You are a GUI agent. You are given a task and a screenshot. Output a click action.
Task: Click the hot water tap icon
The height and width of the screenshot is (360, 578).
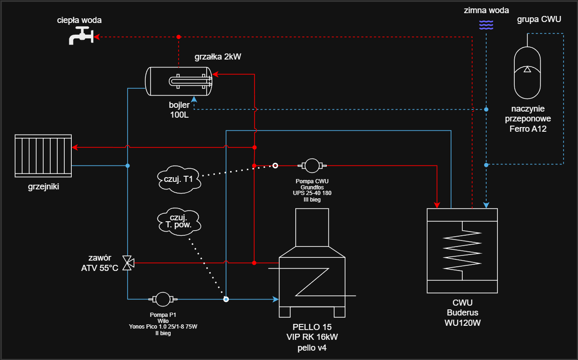(81, 36)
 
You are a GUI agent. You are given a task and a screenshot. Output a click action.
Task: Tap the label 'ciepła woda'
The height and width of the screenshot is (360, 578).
(79, 20)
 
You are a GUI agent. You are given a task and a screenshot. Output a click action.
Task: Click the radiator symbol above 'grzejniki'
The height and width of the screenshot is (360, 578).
(43, 156)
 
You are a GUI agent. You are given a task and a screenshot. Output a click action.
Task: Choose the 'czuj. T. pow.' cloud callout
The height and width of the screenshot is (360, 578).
(179, 221)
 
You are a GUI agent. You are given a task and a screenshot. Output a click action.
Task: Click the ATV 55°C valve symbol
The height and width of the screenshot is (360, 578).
(127, 263)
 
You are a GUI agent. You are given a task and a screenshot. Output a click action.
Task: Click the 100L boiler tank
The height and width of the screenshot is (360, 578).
(179, 81)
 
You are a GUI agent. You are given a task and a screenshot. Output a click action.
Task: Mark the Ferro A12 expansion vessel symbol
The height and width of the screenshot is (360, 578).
(527, 70)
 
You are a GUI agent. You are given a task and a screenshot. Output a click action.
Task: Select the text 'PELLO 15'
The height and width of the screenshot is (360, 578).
(312, 327)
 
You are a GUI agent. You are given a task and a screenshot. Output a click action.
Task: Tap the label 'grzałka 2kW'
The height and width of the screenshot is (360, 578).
(218, 57)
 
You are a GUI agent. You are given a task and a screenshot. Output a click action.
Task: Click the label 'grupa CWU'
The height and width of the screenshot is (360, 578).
(539, 19)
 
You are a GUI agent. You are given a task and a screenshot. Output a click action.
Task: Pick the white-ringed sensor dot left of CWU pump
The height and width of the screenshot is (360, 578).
(276, 165)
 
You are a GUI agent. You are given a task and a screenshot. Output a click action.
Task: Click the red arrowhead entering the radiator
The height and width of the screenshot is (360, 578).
(75, 148)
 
